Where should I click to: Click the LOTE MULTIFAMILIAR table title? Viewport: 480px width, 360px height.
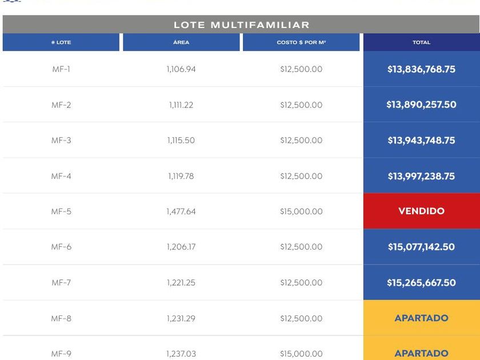pos(241,25)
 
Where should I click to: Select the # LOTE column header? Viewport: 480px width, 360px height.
pos(61,42)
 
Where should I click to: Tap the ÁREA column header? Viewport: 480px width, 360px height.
pos(181,42)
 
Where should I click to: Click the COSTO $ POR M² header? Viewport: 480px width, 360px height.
pos(301,42)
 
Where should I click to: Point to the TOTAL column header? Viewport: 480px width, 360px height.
pos(421,42)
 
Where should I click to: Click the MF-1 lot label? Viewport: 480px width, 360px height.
pos(61,69)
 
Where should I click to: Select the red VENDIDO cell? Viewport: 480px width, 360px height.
pos(421,211)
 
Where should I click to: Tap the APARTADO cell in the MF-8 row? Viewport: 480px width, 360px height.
pos(421,318)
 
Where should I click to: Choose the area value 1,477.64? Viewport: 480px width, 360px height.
pos(181,211)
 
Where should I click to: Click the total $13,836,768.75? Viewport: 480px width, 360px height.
pos(421,69)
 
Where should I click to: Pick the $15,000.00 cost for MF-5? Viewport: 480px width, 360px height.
pos(301,211)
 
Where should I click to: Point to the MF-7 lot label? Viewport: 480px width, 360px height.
pos(61,283)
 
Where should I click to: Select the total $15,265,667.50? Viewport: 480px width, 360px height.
pos(421,283)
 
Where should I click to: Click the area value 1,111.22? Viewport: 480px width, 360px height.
pos(181,105)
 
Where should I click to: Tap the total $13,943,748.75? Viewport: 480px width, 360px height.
pos(421,141)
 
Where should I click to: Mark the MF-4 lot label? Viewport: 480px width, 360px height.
pos(61,176)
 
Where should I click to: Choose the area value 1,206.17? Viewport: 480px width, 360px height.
pos(181,247)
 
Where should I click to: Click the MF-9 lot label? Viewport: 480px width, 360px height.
pos(61,354)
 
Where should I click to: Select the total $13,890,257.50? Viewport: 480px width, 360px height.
pos(421,105)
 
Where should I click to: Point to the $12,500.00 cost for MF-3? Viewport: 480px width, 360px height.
pos(301,141)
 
